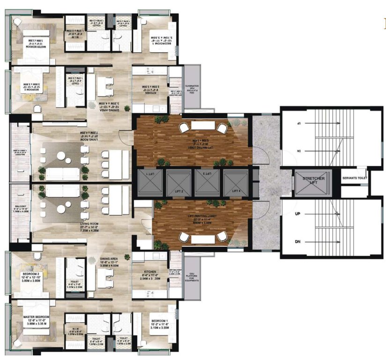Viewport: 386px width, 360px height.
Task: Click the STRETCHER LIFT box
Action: [313, 181]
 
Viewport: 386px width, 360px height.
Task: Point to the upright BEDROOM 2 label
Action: [32, 274]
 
